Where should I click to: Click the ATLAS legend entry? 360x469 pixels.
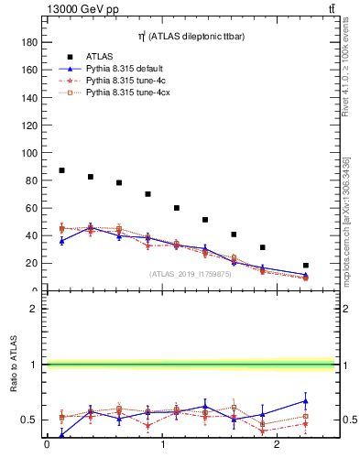tap(99, 57)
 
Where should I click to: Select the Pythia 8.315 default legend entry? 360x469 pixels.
tap(123, 69)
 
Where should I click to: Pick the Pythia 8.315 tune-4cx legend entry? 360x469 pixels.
tap(125, 93)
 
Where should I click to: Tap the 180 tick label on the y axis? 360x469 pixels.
tap(28, 42)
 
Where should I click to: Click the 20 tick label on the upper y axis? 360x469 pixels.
tap(31, 263)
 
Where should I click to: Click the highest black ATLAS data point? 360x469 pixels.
tap(61, 170)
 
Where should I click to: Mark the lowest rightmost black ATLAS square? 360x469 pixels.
tap(306, 266)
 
